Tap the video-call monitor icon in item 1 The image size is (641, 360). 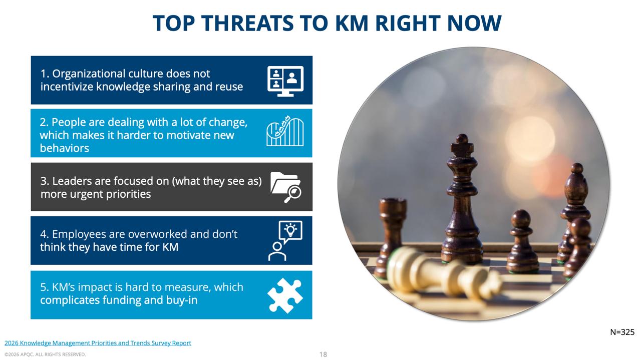[285, 81]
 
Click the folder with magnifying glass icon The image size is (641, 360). [285, 187]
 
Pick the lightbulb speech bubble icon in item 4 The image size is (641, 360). [285, 241]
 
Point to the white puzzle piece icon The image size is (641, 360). [285, 295]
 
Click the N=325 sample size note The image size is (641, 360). [622, 332]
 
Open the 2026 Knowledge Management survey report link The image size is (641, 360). [98, 343]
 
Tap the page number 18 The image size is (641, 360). [323, 354]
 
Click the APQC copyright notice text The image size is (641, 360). [45, 354]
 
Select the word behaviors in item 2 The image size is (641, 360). [65, 148]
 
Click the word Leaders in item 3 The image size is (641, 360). [69, 181]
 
